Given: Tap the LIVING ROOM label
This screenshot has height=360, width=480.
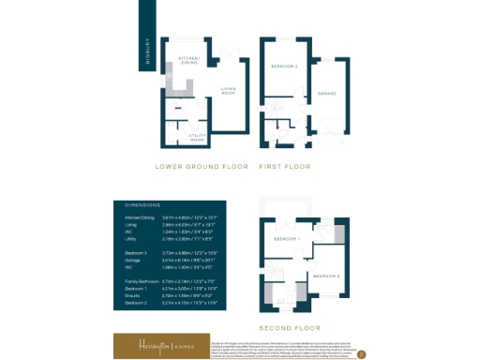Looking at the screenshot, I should (x=227, y=92).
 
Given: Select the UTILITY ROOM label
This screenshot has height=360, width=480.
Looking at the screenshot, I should (x=197, y=137).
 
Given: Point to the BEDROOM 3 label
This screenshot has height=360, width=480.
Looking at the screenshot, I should (x=284, y=67).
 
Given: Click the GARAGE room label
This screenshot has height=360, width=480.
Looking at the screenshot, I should (x=327, y=93).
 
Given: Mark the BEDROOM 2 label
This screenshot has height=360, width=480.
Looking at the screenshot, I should (x=324, y=277).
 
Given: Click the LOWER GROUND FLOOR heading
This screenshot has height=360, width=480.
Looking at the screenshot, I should (x=202, y=167).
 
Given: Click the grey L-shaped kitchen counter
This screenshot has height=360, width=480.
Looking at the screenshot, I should (x=182, y=89).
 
